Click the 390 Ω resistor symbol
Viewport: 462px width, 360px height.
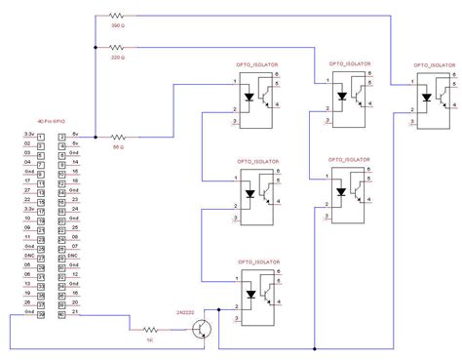click(118, 17)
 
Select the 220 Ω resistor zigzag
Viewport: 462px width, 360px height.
click(118, 48)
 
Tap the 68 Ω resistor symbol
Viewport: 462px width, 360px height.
click(118, 137)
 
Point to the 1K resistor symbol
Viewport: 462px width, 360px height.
click(152, 329)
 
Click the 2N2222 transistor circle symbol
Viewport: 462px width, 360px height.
click(202, 329)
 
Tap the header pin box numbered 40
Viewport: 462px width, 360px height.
click(62, 314)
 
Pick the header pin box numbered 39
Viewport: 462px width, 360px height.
click(41, 314)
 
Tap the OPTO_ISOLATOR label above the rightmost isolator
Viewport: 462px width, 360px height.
click(433, 64)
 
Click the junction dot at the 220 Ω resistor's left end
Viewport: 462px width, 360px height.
click(95, 48)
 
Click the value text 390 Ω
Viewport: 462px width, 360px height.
click(118, 26)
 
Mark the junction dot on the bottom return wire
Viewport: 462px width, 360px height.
click(315, 348)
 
